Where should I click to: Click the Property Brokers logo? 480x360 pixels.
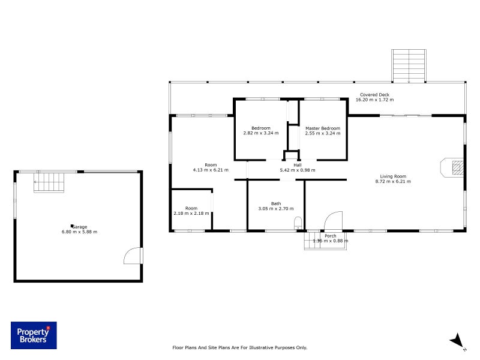(34, 335)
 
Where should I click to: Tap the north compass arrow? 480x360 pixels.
(457, 341)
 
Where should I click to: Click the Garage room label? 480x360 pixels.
(80, 226)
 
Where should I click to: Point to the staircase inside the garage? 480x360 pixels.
(47, 182)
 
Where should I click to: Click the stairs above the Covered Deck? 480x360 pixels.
(409, 65)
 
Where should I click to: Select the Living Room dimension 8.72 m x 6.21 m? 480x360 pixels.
(393, 181)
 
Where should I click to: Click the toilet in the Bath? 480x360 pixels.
(298, 224)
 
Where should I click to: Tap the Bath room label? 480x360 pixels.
(275, 203)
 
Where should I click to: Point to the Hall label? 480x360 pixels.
(297, 165)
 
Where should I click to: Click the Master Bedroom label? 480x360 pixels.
(322, 128)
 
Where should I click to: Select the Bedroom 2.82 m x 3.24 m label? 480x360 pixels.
(261, 133)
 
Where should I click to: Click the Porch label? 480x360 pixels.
(330, 236)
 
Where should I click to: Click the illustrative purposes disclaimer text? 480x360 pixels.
(239, 347)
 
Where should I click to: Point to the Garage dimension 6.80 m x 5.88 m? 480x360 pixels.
(79, 232)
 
